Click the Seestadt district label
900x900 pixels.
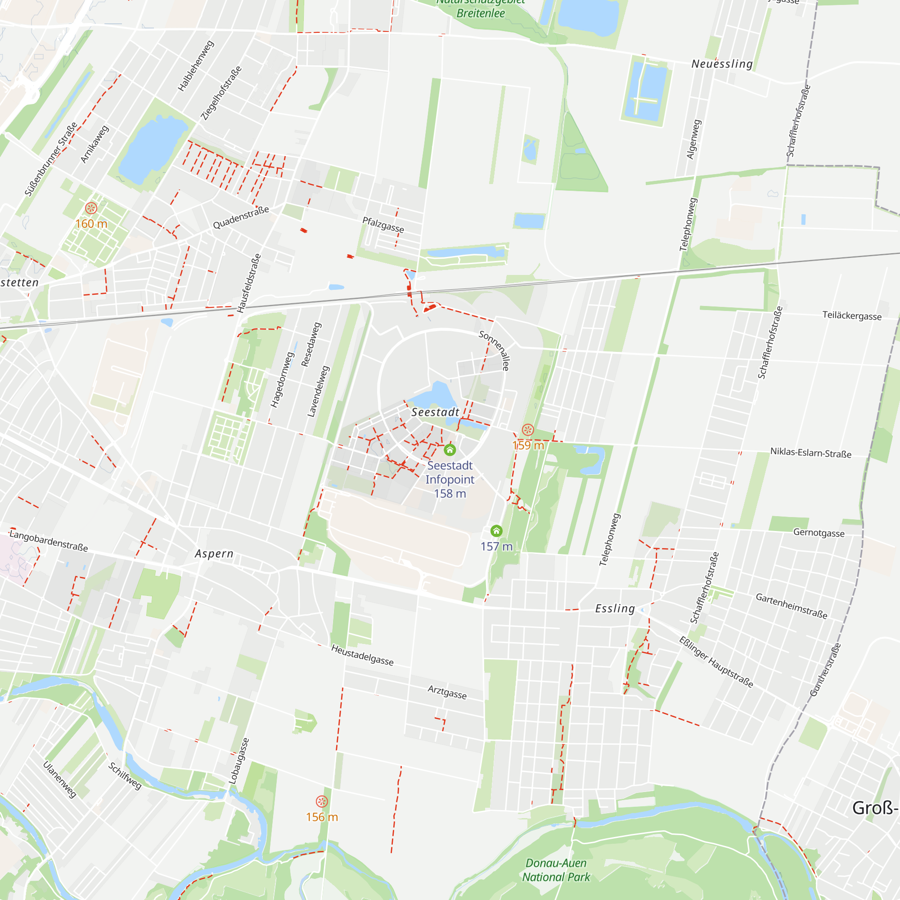pyautogui.click(x=435, y=412)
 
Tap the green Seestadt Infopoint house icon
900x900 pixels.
pyautogui.click(x=450, y=450)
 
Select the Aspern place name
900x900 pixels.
pyautogui.click(x=214, y=553)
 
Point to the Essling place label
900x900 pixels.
pyautogui.click(x=615, y=608)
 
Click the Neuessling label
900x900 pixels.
pyautogui.click(x=722, y=64)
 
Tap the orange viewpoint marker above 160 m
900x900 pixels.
pyautogui.click(x=91, y=208)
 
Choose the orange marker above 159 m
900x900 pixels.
pyautogui.click(x=528, y=429)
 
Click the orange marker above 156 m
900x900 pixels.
pyautogui.click(x=321, y=801)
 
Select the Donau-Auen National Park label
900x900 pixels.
pyautogui.click(x=556, y=870)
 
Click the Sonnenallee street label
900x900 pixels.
pyautogui.click(x=494, y=350)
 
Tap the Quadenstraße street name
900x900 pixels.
pyautogui.click(x=241, y=217)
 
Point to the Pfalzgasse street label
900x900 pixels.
pyautogui.click(x=383, y=225)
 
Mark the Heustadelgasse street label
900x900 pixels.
pyautogui.click(x=362, y=655)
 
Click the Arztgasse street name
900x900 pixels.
pyautogui.click(x=447, y=692)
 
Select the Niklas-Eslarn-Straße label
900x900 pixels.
pyautogui.click(x=810, y=453)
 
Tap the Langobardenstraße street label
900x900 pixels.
pyautogui.click(x=49, y=541)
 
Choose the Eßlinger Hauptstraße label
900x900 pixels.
pyautogui.click(x=715, y=662)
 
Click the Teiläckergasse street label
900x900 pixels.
pyautogui.click(x=851, y=315)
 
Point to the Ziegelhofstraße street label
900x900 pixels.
pyautogui.click(x=221, y=93)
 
